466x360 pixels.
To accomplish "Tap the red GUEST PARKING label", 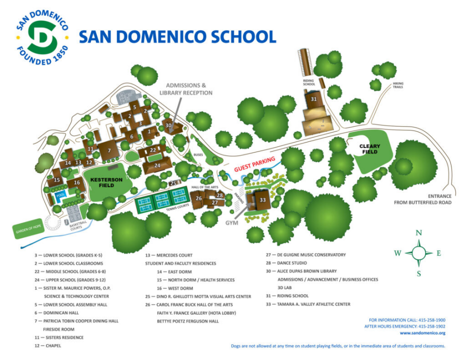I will (x=255, y=164).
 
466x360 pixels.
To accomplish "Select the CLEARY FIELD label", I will (x=369, y=149).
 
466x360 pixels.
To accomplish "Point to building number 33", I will (x=262, y=199).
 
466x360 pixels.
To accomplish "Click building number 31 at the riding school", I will (x=313, y=99).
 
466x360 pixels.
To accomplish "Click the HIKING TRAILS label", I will (x=398, y=85).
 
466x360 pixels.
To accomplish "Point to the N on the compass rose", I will (x=419, y=232).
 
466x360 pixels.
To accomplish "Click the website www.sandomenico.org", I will (x=422, y=333).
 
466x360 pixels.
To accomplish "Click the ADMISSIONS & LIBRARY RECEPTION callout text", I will (x=185, y=89).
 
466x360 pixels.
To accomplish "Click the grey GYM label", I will (x=231, y=222).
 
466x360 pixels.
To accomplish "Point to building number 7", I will (x=108, y=150).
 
